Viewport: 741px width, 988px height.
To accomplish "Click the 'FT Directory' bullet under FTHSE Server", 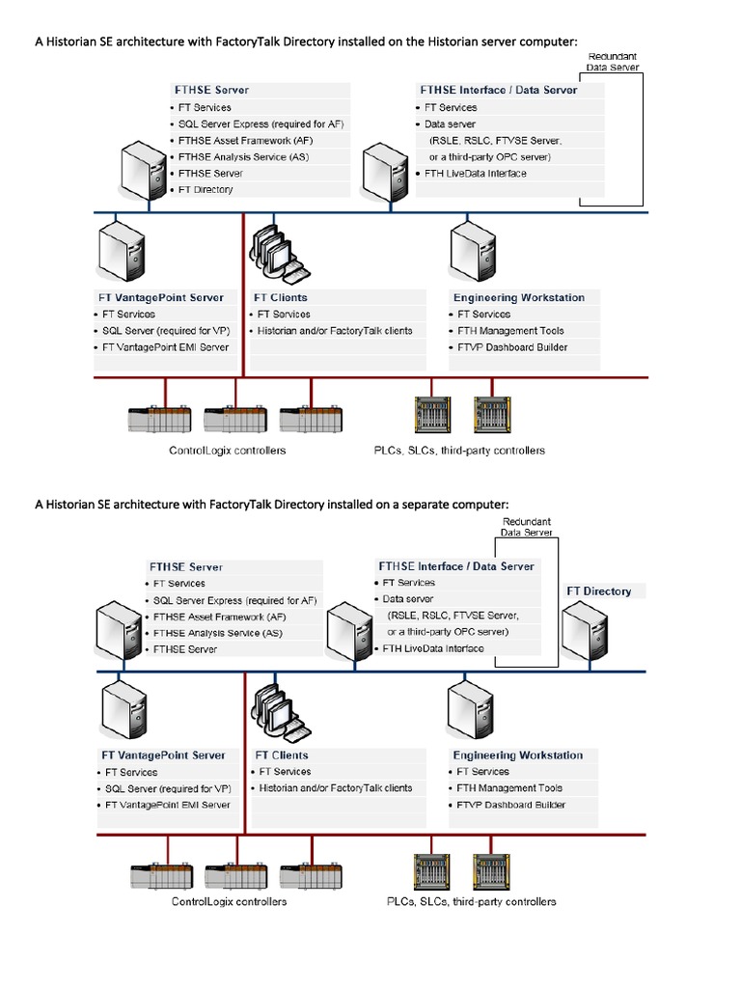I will [x=206, y=190].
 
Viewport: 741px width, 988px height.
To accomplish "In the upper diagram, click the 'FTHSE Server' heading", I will [x=210, y=90].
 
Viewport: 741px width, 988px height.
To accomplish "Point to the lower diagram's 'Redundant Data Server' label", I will [x=526, y=527].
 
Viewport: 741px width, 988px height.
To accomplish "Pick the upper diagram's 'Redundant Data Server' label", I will [x=613, y=63].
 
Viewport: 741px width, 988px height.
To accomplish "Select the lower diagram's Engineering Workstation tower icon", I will [x=472, y=708].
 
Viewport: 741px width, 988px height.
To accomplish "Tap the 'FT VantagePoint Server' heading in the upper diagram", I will [x=161, y=298].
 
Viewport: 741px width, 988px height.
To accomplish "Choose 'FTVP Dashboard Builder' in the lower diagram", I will [x=510, y=805].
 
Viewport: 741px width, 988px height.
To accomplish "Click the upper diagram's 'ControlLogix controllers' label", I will [x=227, y=451].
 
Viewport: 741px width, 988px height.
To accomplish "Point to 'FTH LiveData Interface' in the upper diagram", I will [x=477, y=174].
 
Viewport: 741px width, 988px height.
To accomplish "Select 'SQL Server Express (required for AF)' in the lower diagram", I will [x=234, y=600].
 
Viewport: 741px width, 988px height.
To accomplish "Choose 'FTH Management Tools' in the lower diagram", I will [x=508, y=788].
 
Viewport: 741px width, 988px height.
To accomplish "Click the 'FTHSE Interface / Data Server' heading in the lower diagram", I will [x=455, y=566].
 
